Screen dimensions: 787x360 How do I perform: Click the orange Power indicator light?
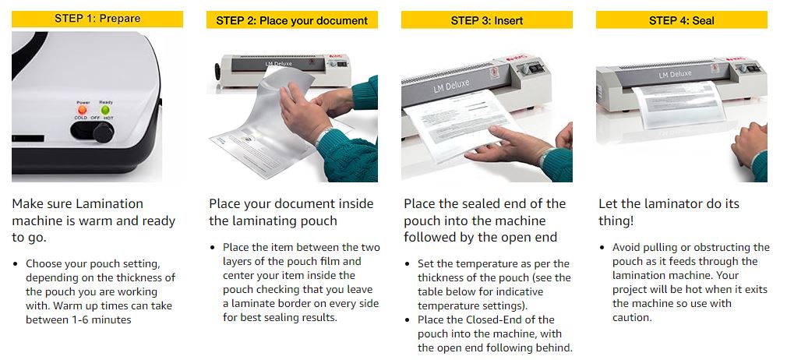point(83,109)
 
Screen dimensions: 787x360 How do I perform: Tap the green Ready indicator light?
point(105,109)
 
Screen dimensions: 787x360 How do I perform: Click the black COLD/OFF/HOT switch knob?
point(103,132)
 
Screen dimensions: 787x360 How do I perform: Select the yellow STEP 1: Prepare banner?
point(97,19)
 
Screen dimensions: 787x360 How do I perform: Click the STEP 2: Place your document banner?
point(292,20)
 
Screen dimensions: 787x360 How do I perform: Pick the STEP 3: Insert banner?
point(487,20)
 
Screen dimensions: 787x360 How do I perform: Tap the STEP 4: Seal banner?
point(682,20)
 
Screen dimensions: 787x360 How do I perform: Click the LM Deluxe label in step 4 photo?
point(675,75)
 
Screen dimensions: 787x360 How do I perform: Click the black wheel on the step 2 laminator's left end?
point(218,72)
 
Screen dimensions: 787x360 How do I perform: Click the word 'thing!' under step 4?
point(616,221)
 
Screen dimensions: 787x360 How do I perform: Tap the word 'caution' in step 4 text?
point(630,318)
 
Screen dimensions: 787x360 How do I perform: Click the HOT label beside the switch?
point(108,118)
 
